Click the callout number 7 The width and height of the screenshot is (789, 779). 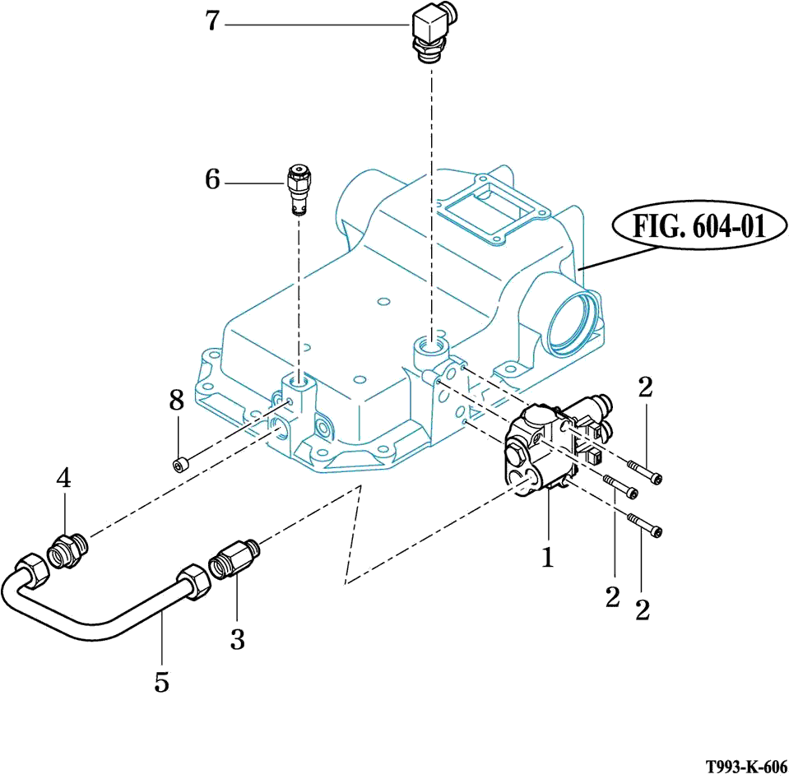(x=213, y=21)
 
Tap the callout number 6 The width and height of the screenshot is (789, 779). (x=213, y=179)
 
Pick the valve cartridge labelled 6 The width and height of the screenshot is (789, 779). (x=299, y=190)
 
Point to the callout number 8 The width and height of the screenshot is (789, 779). (x=176, y=401)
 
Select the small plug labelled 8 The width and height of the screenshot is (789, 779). (x=179, y=466)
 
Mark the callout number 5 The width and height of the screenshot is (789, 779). (x=162, y=681)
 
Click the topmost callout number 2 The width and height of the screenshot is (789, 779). (x=645, y=387)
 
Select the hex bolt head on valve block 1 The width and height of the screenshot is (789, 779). (x=513, y=457)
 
